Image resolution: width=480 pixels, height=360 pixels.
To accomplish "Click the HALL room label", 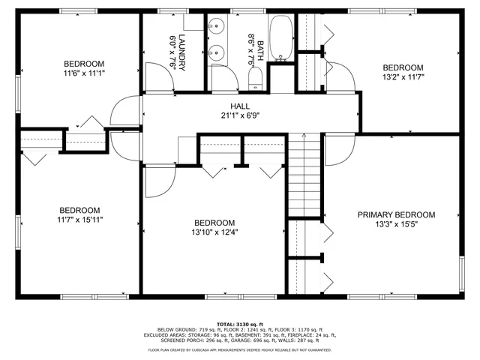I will pos(240,106).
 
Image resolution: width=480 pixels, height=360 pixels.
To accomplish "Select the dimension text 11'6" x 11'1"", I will pos(83,74).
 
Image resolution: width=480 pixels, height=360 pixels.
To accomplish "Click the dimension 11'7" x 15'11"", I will pos(80,220).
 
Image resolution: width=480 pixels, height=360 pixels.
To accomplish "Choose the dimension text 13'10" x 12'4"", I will pos(214,232).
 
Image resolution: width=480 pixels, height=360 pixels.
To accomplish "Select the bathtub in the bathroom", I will pos(282,37).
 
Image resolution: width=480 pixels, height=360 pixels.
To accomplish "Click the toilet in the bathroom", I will pos(254,79).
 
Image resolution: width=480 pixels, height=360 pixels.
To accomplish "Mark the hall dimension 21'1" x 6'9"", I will pos(240,116).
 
